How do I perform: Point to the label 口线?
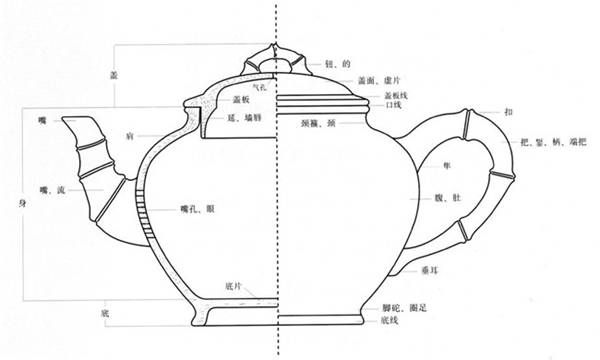click(x=392, y=103)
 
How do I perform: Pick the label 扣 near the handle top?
click(x=509, y=113)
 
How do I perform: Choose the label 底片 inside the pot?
click(x=234, y=285)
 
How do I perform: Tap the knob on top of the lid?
click(x=275, y=58)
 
